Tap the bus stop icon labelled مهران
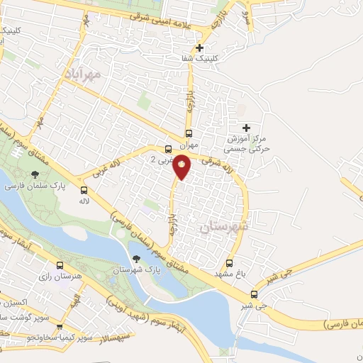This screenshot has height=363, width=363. pos(189,133)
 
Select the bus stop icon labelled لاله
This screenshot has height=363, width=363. pos(84,190)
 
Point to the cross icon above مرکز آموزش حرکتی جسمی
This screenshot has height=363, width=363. pos(247,128)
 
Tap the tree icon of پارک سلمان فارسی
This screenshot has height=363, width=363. pos(33,174)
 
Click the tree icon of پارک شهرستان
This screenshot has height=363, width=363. pos(137,259)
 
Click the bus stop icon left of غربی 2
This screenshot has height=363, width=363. pos(168,149)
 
